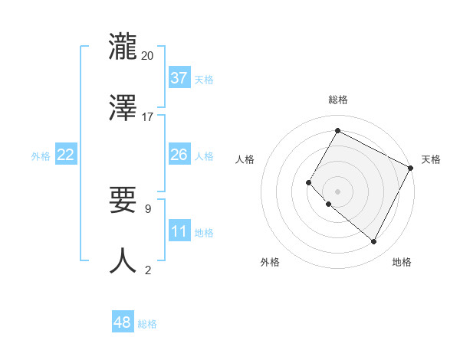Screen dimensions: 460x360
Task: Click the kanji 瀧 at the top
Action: [123, 46]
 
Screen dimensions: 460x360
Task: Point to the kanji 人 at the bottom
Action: [123, 262]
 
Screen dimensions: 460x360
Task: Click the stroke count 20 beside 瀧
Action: [148, 55]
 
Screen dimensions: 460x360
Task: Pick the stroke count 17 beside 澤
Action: [148, 117]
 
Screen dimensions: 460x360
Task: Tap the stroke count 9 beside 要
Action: [148, 208]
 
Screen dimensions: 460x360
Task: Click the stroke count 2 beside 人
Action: [148, 270]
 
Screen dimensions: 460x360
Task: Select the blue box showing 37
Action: [179, 78]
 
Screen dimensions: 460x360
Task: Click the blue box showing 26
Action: [179, 155]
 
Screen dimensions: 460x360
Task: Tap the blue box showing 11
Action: [179, 231]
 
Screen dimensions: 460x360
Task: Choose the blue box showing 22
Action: [66, 155]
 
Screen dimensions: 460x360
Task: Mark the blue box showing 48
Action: [123, 322]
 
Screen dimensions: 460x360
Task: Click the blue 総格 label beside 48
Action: [147, 324]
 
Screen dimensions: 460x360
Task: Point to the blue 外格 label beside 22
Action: [41, 156]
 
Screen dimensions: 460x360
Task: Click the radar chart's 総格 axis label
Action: [337, 100]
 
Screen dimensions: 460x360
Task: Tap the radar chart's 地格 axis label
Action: [402, 262]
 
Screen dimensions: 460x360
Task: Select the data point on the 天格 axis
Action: [412, 168]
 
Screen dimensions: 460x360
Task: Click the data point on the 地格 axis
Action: [374, 242]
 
